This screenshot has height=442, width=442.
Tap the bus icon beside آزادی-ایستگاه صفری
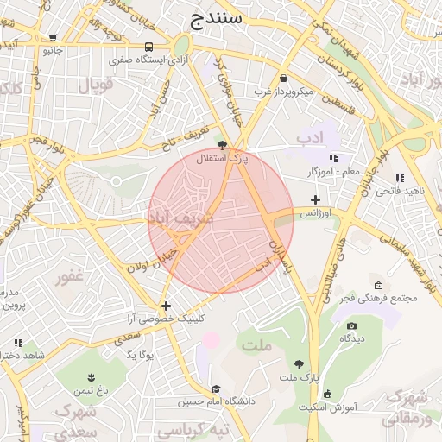click(x=149, y=47)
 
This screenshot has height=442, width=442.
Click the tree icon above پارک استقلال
click(x=223, y=145)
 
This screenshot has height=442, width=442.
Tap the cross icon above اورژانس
click(x=316, y=199)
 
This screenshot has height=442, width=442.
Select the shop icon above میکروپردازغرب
click(x=283, y=78)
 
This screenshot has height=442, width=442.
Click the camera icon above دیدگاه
click(x=351, y=325)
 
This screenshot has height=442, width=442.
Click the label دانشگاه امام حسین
click(x=215, y=401)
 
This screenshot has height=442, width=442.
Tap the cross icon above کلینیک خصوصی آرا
click(x=166, y=306)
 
